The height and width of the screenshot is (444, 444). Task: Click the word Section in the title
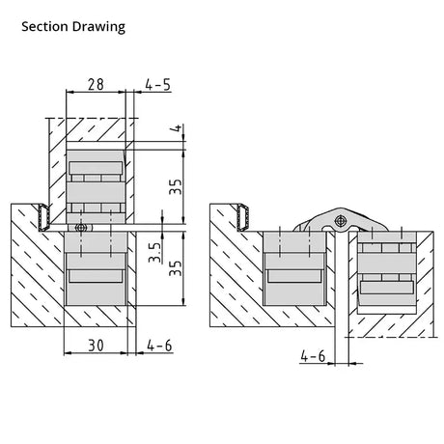(x=45, y=26)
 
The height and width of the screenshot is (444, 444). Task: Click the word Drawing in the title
(x=98, y=27)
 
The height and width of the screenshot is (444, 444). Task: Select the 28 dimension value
(x=96, y=84)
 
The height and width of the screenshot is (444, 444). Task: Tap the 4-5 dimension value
(x=157, y=85)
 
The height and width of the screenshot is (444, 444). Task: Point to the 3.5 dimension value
(x=155, y=252)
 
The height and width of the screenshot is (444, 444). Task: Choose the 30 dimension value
(x=96, y=346)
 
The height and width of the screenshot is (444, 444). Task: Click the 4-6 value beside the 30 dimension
(x=159, y=346)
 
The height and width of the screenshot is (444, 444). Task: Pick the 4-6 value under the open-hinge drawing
(x=313, y=356)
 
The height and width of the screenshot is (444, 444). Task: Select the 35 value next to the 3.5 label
(x=176, y=268)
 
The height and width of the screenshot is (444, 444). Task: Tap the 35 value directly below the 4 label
(x=176, y=187)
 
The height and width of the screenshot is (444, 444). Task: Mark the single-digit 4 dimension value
(x=178, y=128)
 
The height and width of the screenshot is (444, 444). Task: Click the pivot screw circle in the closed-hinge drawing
(x=81, y=228)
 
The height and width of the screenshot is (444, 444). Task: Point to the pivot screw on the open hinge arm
(x=340, y=221)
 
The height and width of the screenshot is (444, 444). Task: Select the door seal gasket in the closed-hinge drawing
(x=43, y=217)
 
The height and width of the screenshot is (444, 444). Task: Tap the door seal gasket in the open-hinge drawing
(x=243, y=217)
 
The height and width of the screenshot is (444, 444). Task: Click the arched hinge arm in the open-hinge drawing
(x=341, y=219)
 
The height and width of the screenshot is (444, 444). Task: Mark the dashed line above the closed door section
(x=92, y=118)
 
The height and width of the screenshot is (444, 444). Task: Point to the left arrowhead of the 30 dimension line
(x=68, y=353)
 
